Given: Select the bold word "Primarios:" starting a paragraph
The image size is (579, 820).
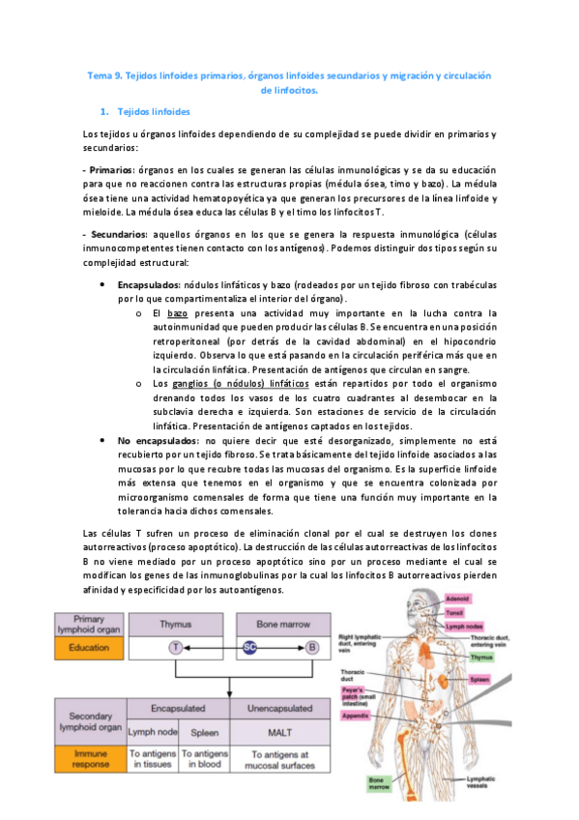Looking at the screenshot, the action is [x=109, y=169].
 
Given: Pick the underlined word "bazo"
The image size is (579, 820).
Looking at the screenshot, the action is [x=177, y=313].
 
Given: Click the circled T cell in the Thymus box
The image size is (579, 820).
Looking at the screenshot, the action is [x=175, y=646].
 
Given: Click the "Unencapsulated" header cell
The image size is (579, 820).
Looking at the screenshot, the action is [x=282, y=708].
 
